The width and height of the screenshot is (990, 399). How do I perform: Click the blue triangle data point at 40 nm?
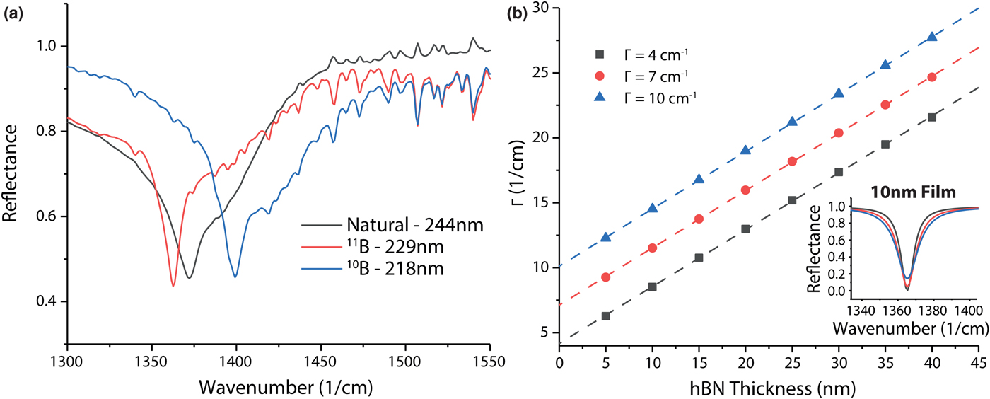[x=932, y=37]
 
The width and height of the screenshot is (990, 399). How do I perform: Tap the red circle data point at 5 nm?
[x=605, y=277]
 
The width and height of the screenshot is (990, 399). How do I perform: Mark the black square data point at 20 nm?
[x=745, y=229]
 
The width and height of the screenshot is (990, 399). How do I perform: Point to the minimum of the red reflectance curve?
[x=173, y=285]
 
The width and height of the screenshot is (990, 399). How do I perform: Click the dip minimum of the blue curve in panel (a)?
[x=235, y=277]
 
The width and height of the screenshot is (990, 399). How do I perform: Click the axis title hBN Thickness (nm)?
[x=769, y=386]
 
